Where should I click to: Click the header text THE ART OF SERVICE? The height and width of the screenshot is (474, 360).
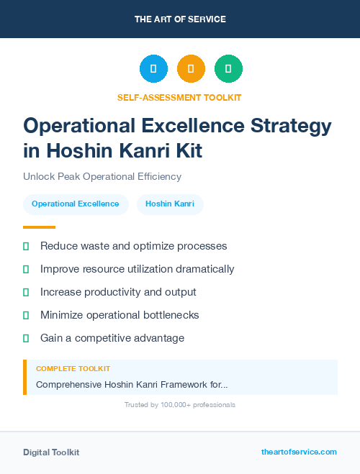[180, 19]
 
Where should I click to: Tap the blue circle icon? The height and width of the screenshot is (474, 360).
[153, 69]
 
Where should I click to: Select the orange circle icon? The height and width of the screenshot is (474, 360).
[191, 69]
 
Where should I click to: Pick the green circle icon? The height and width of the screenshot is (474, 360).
[228, 69]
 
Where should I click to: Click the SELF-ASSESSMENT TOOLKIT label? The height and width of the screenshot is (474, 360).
[179, 97]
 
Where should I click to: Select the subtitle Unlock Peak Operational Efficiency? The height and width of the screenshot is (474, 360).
[102, 176]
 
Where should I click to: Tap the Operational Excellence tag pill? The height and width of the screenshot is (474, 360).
[76, 204]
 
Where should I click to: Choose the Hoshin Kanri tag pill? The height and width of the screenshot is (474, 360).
[170, 204]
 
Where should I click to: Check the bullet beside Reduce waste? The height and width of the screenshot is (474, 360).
[26, 246]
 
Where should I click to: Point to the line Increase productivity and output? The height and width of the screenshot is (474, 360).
[118, 292]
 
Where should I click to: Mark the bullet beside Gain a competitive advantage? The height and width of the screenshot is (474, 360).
[26, 338]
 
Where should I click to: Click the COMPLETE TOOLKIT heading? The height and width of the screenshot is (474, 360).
[73, 369]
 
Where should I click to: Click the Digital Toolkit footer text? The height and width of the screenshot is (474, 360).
[51, 452]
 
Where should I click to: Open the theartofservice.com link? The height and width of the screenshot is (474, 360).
[299, 452]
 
